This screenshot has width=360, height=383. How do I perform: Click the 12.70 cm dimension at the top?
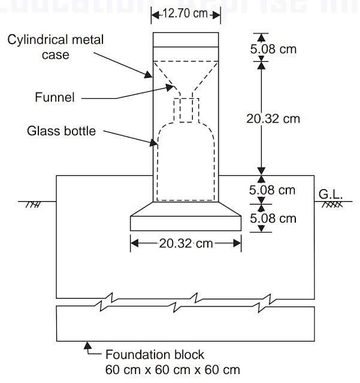tap(184, 13)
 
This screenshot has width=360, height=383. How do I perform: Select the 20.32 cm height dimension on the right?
tap(273, 118)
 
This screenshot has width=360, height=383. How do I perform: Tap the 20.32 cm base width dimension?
tap(185, 243)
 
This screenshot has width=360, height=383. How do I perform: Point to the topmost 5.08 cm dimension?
tap(273, 48)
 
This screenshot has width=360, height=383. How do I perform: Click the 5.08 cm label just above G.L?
tap(273, 190)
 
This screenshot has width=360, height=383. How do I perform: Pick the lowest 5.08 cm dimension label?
tap(273, 218)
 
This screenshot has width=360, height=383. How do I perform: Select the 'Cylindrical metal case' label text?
tap(56, 47)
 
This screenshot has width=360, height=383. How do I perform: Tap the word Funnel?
tap(55, 97)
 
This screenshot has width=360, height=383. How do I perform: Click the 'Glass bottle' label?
tap(60, 130)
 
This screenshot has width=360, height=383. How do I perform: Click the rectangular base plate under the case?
tap(186, 223)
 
